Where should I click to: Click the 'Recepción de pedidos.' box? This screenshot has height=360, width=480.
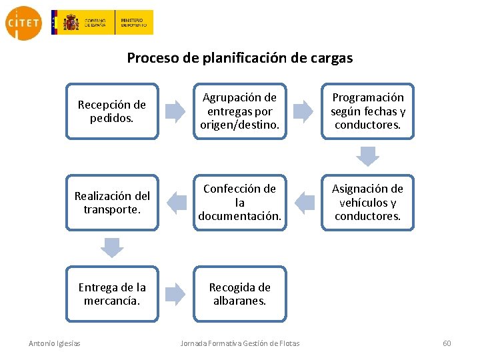tap(112, 111)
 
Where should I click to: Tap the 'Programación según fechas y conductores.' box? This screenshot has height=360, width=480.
tap(368, 111)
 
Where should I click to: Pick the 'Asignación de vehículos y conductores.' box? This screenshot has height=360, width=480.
tap(368, 202)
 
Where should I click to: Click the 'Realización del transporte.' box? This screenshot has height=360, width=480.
tap(112, 202)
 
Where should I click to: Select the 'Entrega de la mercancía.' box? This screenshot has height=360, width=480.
tap(112, 293)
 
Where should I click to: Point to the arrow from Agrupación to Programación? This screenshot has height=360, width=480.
tap(304, 111)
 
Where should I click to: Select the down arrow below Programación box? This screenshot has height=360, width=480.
tap(367, 156)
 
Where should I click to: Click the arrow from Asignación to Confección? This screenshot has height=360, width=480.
tap(304, 202)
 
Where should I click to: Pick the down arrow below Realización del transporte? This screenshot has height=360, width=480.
tap(112, 247)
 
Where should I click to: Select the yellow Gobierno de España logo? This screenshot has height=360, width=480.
tap(102, 23)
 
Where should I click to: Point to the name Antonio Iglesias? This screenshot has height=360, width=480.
tap(55, 343)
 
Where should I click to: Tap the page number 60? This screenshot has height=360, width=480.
tap(447, 343)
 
